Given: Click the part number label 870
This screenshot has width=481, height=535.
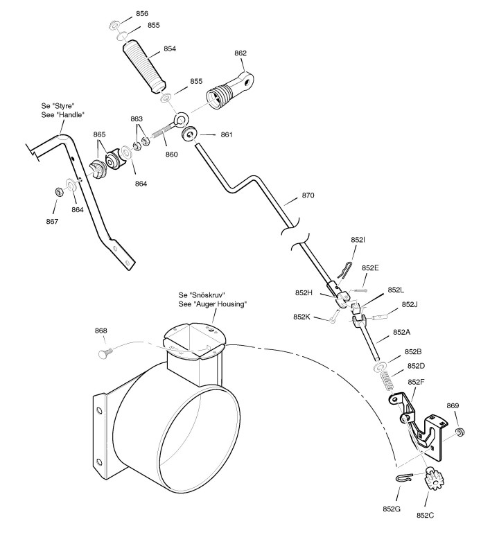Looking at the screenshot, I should tap(308, 195).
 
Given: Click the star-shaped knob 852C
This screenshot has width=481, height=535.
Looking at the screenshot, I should tap(435, 479).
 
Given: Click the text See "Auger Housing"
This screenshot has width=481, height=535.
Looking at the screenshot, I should tap(213, 304).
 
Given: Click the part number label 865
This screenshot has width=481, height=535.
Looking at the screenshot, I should tap(100, 134).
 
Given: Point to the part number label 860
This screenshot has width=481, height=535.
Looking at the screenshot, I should tap(171, 154).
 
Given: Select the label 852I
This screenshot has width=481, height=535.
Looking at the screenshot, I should tap(358, 239).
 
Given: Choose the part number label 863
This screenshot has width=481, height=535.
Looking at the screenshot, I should tap(137, 119).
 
